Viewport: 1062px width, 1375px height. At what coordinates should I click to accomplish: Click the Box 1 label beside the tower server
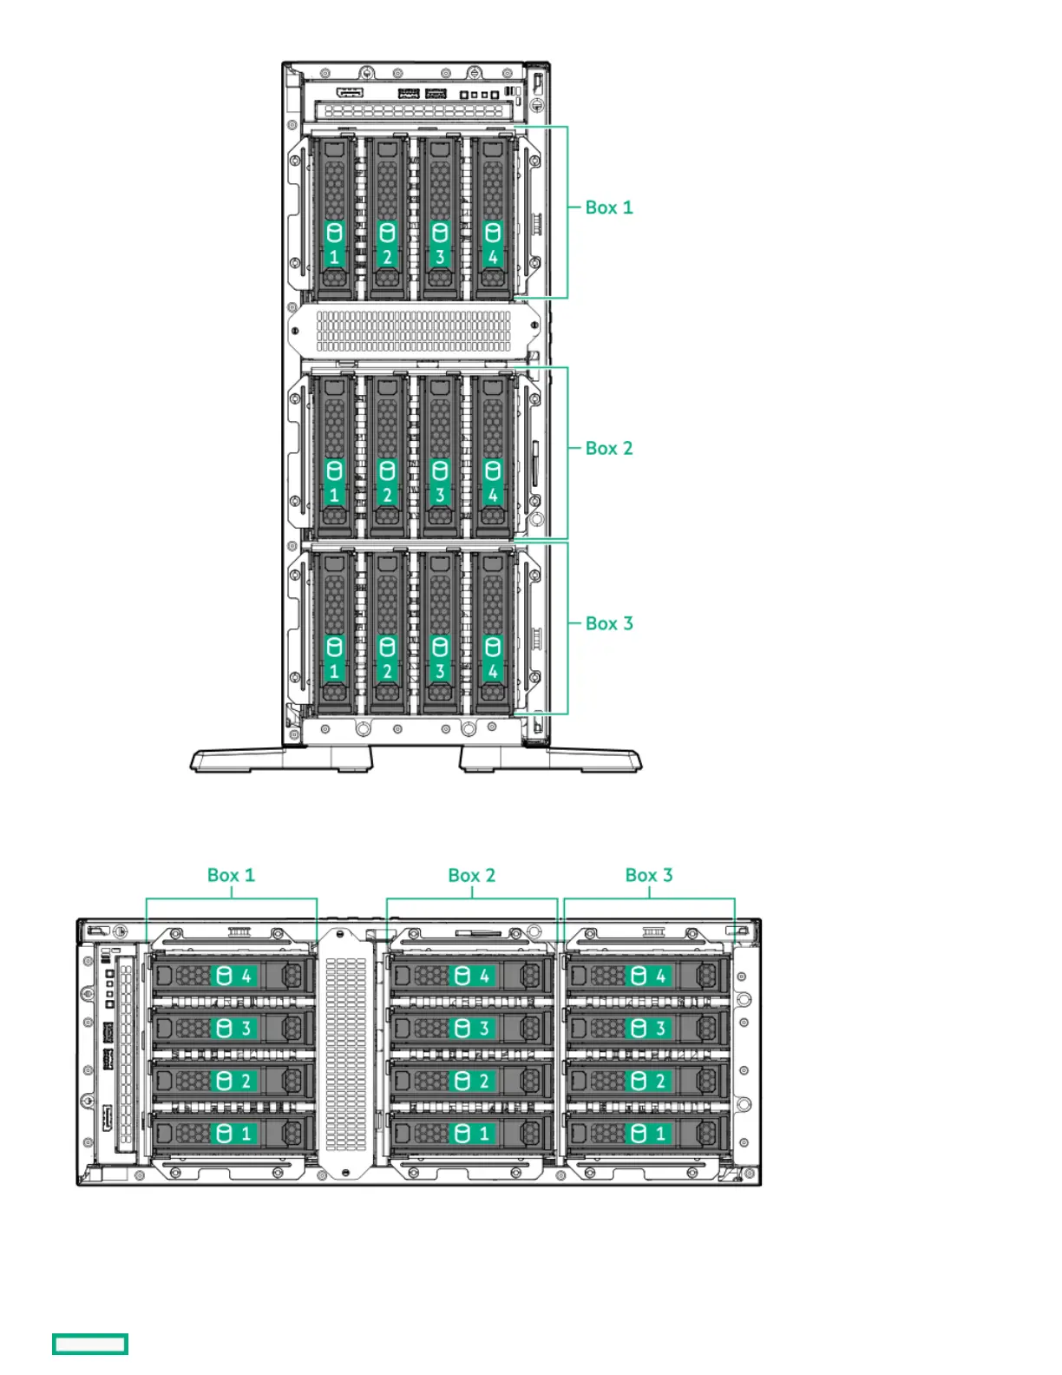pos(608,207)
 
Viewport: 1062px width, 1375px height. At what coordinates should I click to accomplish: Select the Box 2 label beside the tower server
pos(608,448)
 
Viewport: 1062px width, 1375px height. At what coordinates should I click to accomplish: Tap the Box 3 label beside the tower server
pos(608,623)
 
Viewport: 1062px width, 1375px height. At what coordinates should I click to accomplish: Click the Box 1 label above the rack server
pos(231,875)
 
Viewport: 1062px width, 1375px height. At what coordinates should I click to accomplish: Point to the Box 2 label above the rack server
pos(471,875)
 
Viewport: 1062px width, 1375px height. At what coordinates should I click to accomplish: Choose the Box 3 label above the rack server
pos(648,875)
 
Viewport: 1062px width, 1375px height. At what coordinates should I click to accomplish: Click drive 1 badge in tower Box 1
pos(334,244)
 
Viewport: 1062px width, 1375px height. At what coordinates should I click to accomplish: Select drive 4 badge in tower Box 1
pos(493,244)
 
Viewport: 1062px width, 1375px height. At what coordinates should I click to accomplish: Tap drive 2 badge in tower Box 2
pos(387,483)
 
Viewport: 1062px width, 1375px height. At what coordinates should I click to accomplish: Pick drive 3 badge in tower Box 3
pos(440,659)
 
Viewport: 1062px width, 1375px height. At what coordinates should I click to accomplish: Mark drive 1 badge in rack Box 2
pos(474,1133)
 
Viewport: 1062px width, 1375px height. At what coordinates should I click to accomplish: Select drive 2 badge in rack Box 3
pos(649,1081)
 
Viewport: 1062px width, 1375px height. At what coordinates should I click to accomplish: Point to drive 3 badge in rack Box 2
pos(474,1028)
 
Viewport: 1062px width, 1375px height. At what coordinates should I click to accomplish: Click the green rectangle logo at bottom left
pos(90,1344)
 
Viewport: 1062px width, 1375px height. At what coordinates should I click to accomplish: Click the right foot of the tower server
pos(552,760)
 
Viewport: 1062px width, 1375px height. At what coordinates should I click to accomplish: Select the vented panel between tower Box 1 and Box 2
pos(414,331)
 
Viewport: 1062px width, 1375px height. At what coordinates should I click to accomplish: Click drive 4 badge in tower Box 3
pos(493,659)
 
